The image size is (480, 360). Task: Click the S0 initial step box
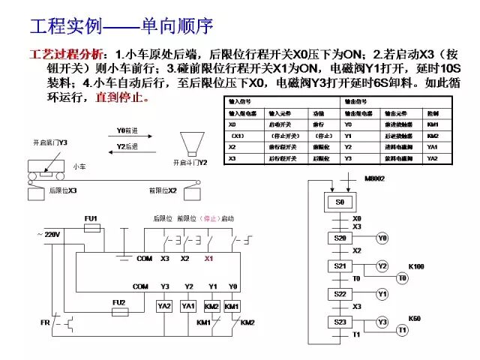tap(340, 203)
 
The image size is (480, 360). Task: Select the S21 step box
tap(339, 266)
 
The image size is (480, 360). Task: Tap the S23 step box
tap(339, 322)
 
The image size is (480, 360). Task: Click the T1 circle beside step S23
tap(402, 329)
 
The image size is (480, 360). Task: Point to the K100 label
tap(416, 265)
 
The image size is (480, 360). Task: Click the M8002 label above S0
tap(375, 179)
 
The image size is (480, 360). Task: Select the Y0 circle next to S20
tap(382, 238)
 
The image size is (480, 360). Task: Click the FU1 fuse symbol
tap(91, 226)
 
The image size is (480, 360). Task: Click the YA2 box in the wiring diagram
tap(164, 306)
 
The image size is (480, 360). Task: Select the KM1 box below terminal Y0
tap(232, 306)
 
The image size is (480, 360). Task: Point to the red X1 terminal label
tap(209, 258)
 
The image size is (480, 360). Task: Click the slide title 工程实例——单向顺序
tap(121, 28)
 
